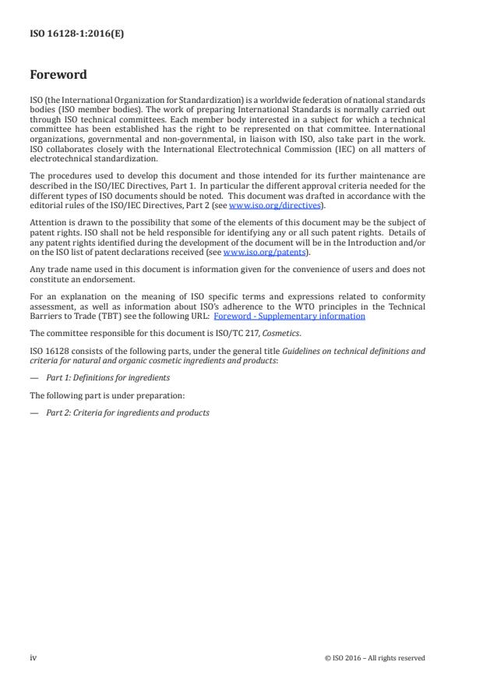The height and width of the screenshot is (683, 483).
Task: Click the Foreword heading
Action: click(58, 76)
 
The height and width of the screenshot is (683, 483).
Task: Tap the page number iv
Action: click(33, 657)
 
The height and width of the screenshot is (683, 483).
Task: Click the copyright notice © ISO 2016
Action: click(375, 658)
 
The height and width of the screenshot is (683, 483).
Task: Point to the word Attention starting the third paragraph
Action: click(48, 224)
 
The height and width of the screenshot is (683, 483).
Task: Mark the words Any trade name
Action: click(57, 271)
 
